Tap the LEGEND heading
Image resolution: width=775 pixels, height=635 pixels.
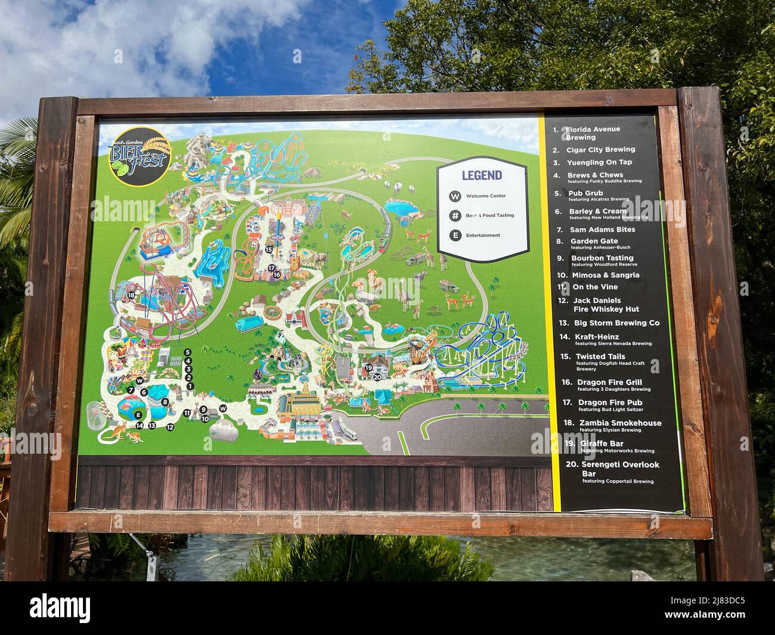pos(482,175)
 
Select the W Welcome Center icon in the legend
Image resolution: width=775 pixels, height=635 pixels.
pos(455,196)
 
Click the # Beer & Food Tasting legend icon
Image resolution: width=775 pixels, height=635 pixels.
pos(455,215)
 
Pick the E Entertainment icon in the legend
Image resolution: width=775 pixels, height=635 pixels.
pos(455,236)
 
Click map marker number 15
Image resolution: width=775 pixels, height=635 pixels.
pos(269,249)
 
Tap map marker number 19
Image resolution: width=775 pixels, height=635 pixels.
pos(368,368)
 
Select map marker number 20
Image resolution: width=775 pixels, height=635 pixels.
pos(377,377)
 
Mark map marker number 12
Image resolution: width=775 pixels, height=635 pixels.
pos(170,427)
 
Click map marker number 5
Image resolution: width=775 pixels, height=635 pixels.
pos(188,352)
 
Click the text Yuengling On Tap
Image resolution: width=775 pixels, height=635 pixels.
pos(599,162)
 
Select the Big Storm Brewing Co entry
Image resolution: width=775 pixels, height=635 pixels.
pos(616,323)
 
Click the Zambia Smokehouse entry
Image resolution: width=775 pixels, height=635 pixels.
pos(620,423)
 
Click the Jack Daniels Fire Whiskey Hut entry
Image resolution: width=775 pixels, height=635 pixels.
pos(605,305)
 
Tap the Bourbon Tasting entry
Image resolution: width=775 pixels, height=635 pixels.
pos(602,258)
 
